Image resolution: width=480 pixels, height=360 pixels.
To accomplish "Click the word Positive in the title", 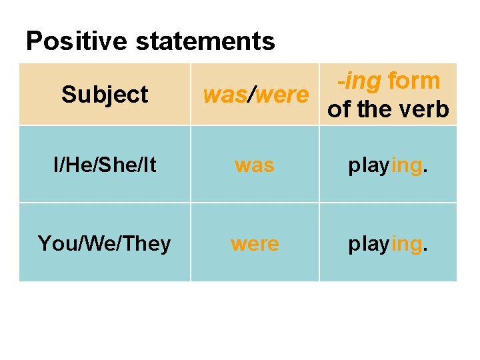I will click(x=77, y=41).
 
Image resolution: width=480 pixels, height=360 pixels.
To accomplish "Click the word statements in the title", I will click(x=205, y=41).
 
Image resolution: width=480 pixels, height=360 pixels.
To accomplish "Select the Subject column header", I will click(x=105, y=95).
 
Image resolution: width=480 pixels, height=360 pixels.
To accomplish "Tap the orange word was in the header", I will click(x=224, y=95).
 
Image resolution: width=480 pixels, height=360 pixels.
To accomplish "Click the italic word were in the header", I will click(x=281, y=95).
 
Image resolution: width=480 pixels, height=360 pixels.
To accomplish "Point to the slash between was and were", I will click(x=250, y=95).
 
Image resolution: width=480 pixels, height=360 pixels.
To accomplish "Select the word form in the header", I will click(x=414, y=81).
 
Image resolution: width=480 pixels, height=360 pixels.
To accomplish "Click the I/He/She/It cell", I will click(x=105, y=165).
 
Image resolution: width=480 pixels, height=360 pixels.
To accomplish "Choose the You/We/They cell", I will click(x=105, y=243).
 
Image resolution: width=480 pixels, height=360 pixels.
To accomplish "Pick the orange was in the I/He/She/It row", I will click(x=254, y=165).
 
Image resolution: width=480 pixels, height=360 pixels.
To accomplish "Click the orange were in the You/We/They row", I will click(x=255, y=243).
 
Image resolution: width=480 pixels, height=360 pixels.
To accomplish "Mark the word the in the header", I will click(x=377, y=109).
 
